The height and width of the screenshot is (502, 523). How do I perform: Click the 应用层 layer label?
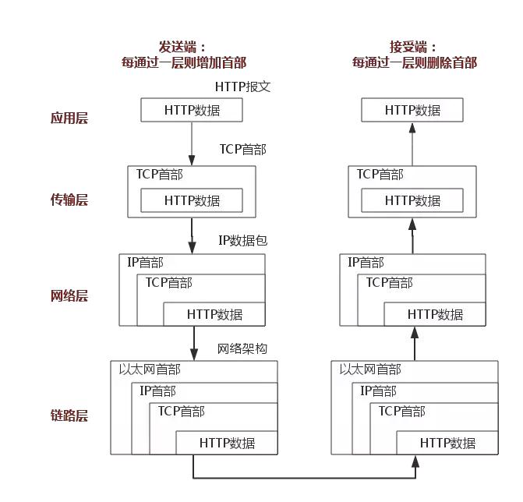(x=69, y=118)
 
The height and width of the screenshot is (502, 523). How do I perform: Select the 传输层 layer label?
(x=69, y=200)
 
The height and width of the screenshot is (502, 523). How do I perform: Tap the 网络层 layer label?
(x=69, y=296)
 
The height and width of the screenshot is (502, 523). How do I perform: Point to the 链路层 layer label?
(x=69, y=415)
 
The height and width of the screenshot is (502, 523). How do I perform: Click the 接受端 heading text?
(x=414, y=47)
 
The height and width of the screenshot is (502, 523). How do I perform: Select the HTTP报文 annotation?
(x=242, y=87)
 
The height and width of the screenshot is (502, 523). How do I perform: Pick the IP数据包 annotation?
(x=242, y=241)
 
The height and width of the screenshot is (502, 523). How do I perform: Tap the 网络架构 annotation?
(x=242, y=348)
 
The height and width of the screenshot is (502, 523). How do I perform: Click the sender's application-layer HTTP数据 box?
(x=192, y=111)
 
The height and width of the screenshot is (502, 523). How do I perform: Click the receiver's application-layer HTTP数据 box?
(x=412, y=111)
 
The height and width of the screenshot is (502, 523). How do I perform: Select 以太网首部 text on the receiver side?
(x=370, y=369)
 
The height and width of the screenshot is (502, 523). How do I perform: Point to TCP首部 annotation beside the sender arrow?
(x=242, y=149)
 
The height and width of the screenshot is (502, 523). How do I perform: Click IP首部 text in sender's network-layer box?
(x=146, y=263)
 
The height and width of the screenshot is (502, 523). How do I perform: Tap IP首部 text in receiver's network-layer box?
(x=366, y=263)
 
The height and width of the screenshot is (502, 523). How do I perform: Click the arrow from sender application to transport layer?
(x=192, y=143)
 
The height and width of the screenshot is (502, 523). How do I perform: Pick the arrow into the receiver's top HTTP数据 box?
(x=412, y=143)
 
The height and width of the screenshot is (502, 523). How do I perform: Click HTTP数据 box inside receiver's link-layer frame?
(x=447, y=443)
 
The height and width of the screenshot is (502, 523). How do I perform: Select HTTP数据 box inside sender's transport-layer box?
(x=192, y=201)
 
